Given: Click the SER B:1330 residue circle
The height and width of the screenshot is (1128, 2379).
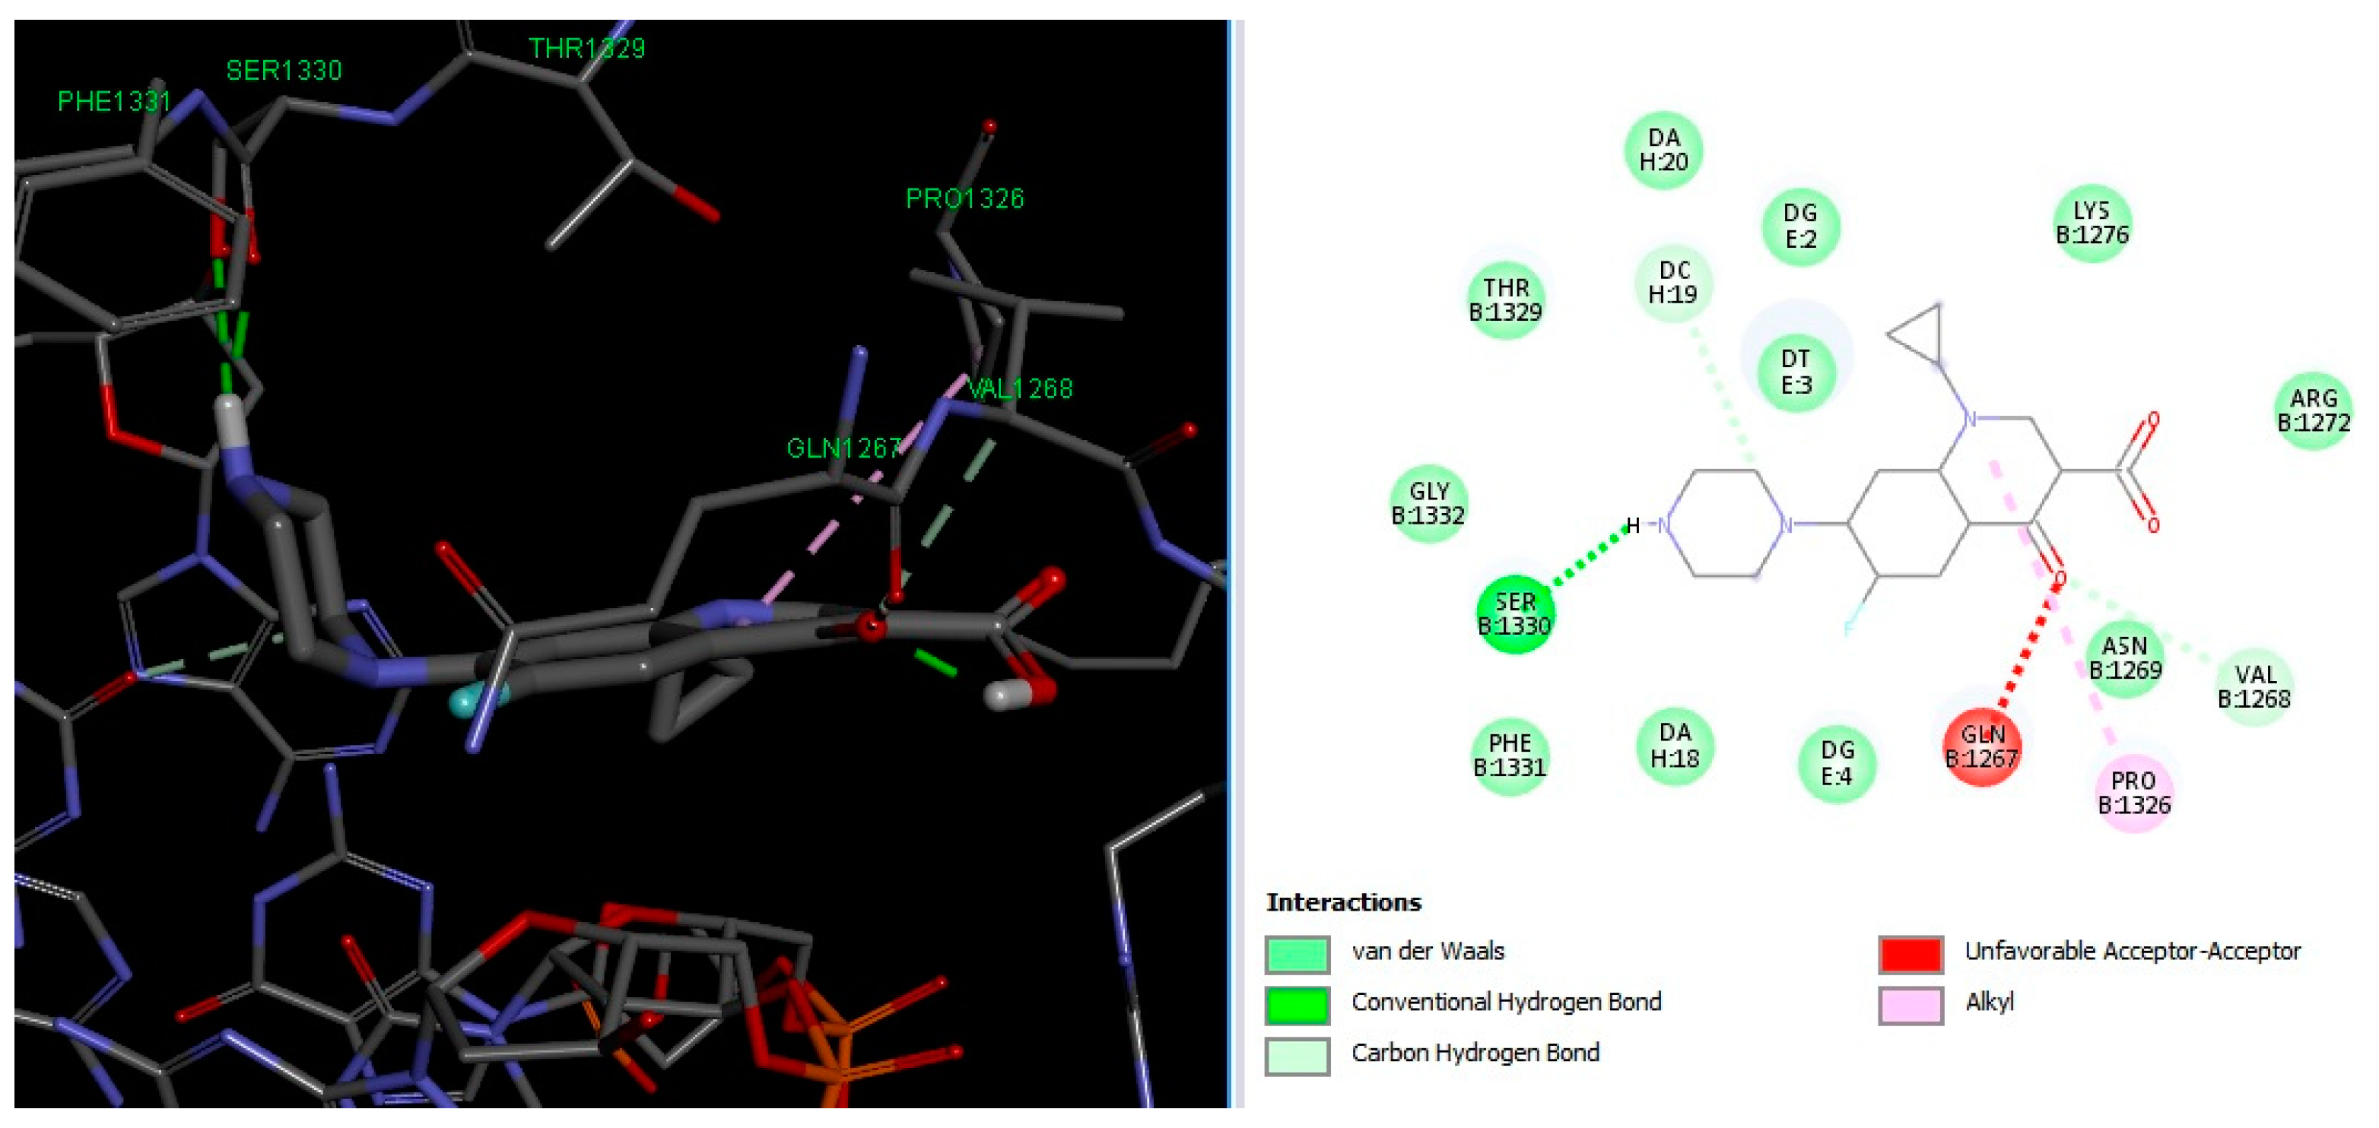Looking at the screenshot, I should [x=1514, y=614].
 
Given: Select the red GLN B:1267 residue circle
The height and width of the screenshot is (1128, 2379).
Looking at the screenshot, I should [x=1982, y=746].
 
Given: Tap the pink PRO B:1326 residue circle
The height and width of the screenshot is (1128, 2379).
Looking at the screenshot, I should [x=2134, y=793].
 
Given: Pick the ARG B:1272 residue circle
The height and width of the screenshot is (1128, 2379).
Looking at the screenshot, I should [x=2314, y=410].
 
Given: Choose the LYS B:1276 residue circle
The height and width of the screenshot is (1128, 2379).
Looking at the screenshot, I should [x=2092, y=223].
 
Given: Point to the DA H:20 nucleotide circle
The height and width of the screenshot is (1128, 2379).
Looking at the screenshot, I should [x=1663, y=150].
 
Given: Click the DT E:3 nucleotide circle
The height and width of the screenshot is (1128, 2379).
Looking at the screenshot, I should [x=1796, y=372].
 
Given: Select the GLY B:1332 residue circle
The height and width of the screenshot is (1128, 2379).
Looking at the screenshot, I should [x=1428, y=503].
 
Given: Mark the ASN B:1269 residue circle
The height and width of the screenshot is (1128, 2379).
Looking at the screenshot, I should [x=2125, y=657].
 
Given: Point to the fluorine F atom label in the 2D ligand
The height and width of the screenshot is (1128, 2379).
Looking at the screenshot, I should [x=1849, y=629].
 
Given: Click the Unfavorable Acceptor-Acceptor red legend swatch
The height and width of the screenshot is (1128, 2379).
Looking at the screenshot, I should [x=1911, y=953].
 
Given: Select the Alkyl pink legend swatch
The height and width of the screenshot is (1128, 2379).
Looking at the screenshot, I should [x=1911, y=1004].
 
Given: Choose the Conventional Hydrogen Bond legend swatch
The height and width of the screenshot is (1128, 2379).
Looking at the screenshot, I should [x=1297, y=1004].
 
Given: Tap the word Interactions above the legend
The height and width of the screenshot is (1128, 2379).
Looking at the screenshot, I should [x=1343, y=901].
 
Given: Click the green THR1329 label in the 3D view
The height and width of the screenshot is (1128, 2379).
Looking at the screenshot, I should [x=586, y=48].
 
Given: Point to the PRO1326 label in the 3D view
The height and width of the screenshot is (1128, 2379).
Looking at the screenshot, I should [x=964, y=198].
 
